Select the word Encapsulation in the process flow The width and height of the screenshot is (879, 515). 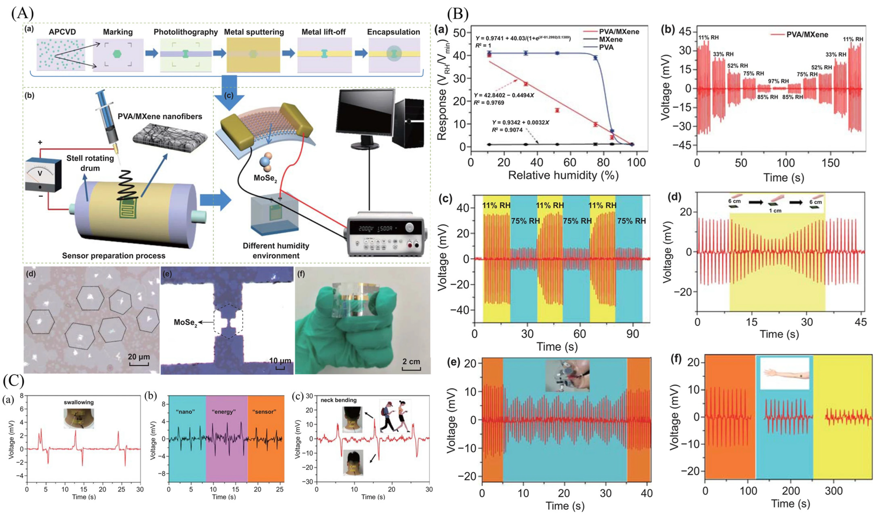point(394,32)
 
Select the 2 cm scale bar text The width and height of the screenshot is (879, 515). point(411,362)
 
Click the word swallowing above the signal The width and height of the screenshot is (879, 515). point(79,402)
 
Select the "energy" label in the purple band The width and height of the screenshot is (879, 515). point(224,412)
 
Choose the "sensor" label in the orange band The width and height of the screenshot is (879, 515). point(264,412)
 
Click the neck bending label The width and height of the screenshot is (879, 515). point(338,400)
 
